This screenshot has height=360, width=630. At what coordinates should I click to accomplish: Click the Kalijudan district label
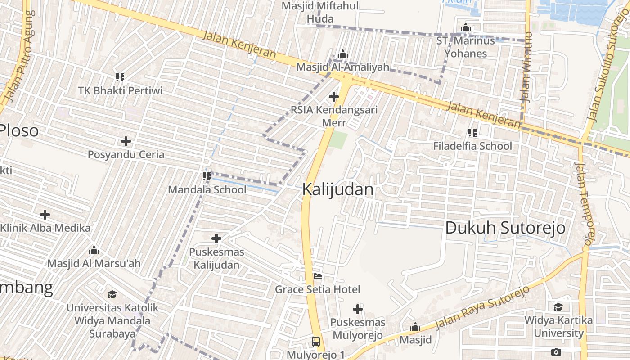point(337,189)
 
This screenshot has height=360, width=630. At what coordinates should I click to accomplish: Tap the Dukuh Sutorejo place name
point(505,228)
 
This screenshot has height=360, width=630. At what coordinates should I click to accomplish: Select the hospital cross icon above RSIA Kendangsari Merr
point(334,96)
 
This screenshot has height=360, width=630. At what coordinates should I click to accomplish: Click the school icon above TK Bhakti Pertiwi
point(120,77)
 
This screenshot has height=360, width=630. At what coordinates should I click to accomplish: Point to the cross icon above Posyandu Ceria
point(126,141)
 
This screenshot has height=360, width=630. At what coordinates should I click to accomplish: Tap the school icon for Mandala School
point(207,176)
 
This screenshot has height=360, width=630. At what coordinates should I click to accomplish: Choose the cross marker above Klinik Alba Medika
point(45,215)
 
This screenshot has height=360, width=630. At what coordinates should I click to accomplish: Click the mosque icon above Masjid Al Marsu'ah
point(94,250)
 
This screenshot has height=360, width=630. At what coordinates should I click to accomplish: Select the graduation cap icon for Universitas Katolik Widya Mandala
point(112,295)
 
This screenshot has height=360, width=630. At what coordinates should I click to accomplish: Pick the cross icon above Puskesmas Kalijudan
point(216,238)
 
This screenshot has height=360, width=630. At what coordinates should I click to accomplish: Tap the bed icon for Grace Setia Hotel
point(318,276)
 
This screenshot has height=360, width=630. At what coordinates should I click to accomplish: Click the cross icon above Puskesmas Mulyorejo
point(358,309)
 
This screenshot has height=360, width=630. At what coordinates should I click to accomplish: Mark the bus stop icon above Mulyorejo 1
point(316,341)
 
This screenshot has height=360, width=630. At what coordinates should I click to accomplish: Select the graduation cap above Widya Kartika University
point(558,307)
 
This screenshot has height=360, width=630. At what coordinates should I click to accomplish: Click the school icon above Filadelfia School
point(472,133)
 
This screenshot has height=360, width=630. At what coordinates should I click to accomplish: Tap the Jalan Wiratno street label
point(526,67)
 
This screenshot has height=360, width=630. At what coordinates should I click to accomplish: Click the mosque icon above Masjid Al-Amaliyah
point(343,54)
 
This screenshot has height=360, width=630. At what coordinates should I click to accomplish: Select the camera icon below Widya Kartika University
point(556,352)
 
